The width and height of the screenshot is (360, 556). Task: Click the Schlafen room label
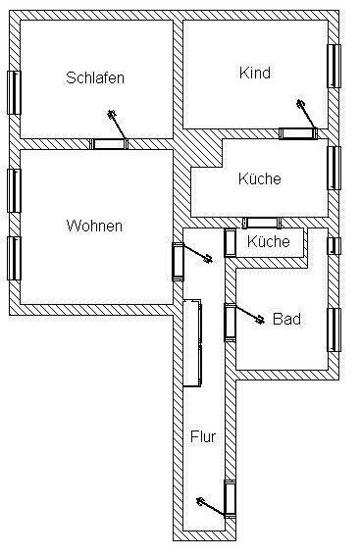point(95,77)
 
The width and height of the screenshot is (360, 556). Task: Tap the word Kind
point(254,73)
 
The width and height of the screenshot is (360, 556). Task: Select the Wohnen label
point(94,226)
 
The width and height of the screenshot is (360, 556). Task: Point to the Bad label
point(285,319)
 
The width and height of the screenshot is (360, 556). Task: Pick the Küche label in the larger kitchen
point(260,178)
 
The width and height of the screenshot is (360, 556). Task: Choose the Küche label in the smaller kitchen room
point(268,241)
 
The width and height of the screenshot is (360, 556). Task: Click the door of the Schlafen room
point(110,143)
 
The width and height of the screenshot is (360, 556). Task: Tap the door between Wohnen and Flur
point(179,261)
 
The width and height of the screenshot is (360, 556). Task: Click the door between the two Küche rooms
point(260,222)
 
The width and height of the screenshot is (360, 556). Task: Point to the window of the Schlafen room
point(14,92)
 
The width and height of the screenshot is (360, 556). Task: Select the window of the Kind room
point(334,67)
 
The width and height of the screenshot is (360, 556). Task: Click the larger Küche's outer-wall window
point(334,167)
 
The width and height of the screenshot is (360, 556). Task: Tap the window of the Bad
point(334,329)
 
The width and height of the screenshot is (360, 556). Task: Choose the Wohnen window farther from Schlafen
point(14,258)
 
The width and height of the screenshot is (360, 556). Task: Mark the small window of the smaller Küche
point(334,245)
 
